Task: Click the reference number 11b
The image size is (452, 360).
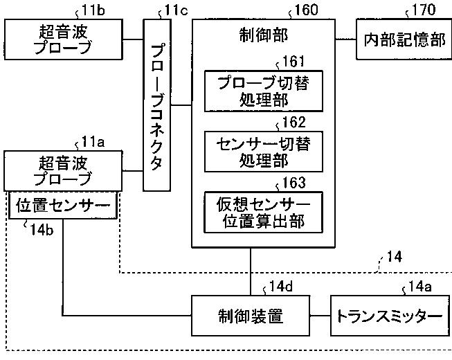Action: point(93,10)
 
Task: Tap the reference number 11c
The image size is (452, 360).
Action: point(176,10)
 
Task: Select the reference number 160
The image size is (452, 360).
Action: point(306,10)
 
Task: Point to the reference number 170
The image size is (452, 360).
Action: point(424,10)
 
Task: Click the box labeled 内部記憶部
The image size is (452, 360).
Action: point(404,39)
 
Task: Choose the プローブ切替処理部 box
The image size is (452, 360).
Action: point(264,91)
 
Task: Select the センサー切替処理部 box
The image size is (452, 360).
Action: point(264,152)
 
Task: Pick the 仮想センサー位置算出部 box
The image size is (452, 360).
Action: point(264,212)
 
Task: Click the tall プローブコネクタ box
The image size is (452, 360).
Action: point(157,105)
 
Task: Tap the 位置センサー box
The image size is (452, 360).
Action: point(63,205)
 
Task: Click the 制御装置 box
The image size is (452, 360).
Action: point(251,316)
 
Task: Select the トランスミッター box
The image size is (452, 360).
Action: point(390,316)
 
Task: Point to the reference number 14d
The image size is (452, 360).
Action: point(281,287)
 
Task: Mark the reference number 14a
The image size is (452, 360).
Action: point(420,287)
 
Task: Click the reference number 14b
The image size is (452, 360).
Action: point(42,230)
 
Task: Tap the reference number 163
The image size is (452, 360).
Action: point(293,183)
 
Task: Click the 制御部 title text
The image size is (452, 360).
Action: point(264,36)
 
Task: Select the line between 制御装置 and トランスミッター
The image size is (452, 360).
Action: point(320,316)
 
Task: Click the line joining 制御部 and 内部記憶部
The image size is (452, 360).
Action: point(345,39)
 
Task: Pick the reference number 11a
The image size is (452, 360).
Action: point(93,142)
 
